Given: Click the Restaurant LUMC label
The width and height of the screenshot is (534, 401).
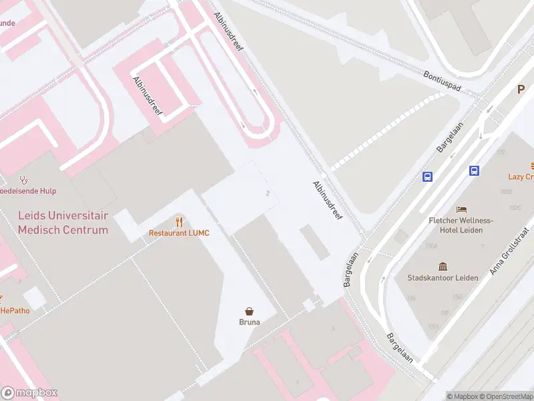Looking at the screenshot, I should [x=179, y=233].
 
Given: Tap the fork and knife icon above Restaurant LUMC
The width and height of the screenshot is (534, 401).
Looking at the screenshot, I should [x=179, y=221].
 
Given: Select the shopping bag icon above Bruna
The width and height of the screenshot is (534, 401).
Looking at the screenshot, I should [x=250, y=311].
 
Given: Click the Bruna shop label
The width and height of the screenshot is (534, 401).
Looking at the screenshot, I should [x=250, y=321].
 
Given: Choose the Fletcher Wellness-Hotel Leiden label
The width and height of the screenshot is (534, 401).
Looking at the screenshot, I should [x=461, y=225].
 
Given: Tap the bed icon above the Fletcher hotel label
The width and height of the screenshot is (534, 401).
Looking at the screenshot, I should [x=461, y=209].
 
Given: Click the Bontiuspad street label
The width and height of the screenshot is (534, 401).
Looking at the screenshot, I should [x=443, y=81].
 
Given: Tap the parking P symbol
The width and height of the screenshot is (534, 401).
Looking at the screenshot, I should [x=521, y=90].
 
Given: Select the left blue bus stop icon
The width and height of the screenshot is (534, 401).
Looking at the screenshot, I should [x=427, y=176].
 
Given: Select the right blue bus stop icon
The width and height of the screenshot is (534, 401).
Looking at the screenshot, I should [x=474, y=170].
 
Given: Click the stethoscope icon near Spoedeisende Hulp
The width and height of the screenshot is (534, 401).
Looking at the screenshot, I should [x=24, y=180].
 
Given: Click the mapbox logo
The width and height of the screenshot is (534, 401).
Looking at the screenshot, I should [x=29, y=393].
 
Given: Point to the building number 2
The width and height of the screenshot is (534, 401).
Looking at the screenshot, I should [x=268, y=193].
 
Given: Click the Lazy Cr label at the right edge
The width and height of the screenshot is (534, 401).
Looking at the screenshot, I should [x=521, y=176].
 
